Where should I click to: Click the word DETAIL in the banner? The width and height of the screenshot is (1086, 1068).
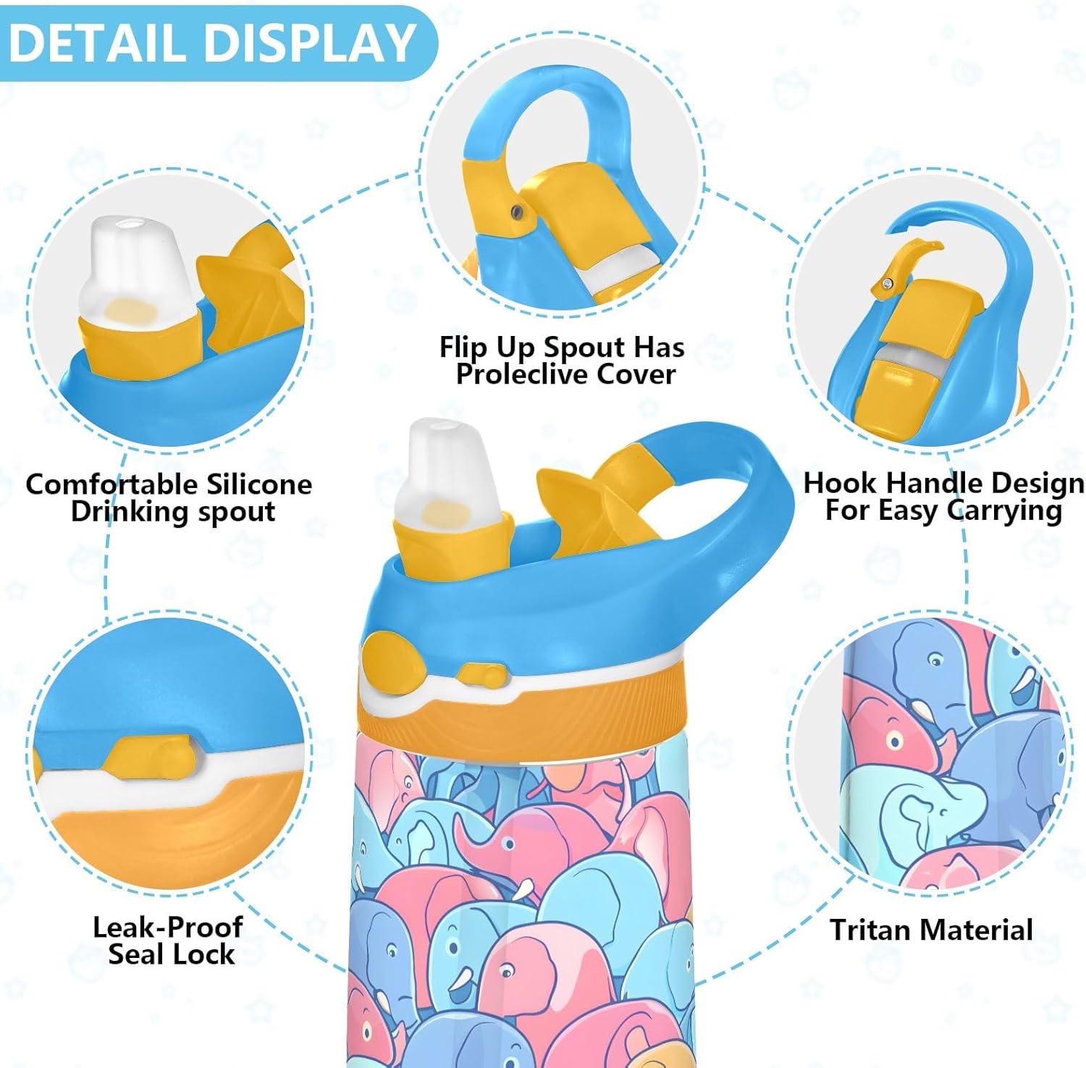click(97, 43)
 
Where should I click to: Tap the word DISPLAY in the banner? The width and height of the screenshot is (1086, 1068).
click(310, 43)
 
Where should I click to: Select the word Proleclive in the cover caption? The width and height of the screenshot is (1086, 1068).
click(521, 374)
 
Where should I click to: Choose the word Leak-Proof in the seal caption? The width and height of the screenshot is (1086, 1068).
click(167, 927)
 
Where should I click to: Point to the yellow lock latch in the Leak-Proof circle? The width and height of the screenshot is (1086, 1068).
click(148, 757)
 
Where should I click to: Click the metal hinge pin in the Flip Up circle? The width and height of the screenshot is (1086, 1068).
click(517, 211)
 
